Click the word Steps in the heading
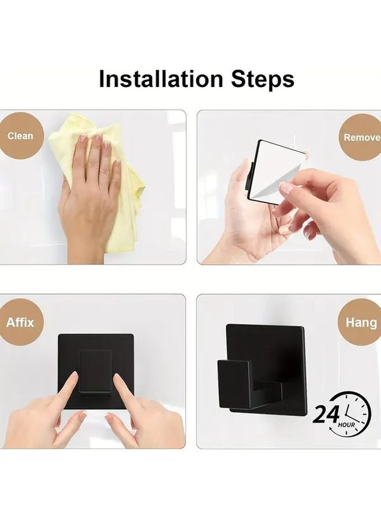(x=263, y=80)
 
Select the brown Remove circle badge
(x=361, y=138)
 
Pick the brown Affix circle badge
(x=20, y=322)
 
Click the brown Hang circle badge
(x=361, y=322)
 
